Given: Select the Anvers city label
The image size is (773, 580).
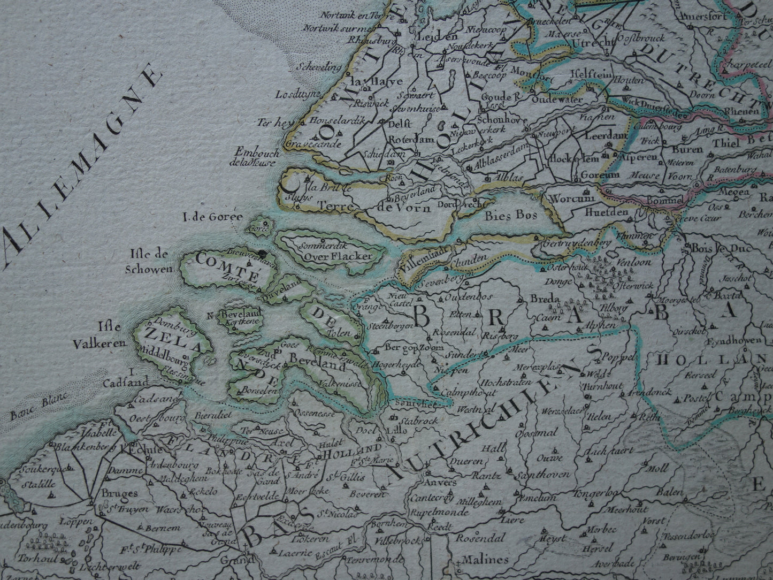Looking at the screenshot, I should (x=442, y=482).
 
